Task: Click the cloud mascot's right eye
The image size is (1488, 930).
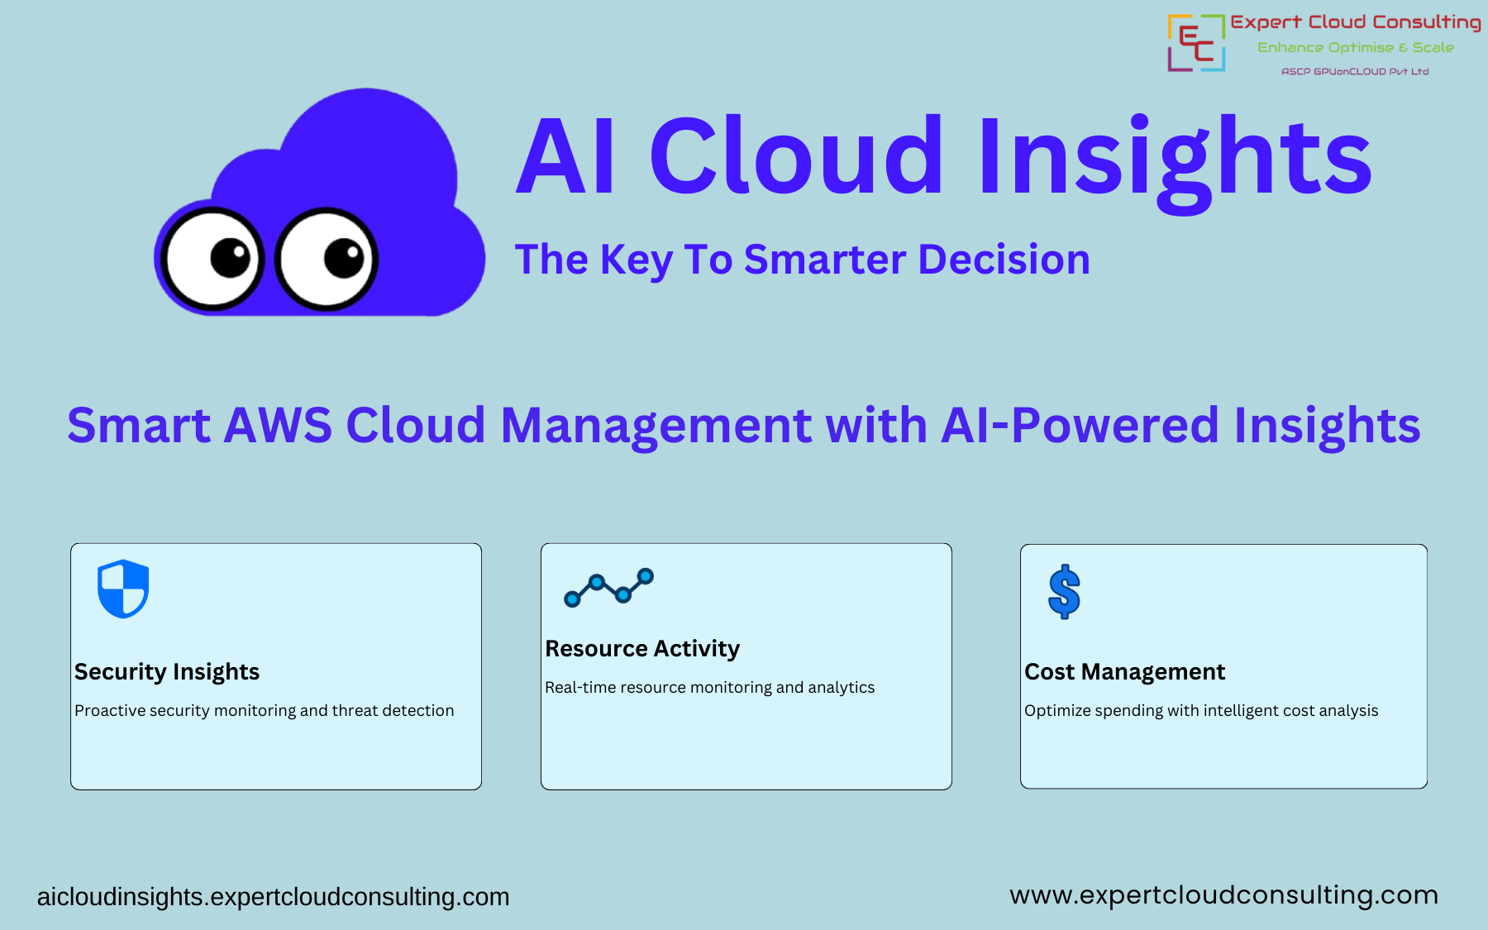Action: pyautogui.click(x=327, y=259)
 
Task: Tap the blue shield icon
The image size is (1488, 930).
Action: pyautogui.click(x=123, y=589)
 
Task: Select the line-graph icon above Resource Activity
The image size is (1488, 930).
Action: pyautogui.click(x=608, y=588)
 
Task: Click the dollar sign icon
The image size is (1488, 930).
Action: pyautogui.click(x=1064, y=592)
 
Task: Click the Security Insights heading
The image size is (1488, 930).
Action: pyautogui.click(x=167, y=671)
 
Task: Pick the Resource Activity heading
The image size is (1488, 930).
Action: pyautogui.click(x=642, y=648)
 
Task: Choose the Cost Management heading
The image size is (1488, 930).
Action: pyautogui.click(x=1124, y=671)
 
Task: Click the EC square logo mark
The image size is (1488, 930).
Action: pyautogui.click(x=1195, y=43)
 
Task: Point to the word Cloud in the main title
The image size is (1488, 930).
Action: pyautogui.click(x=795, y=157)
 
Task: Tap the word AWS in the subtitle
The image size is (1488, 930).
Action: pyautogui.click(x=278, y=425)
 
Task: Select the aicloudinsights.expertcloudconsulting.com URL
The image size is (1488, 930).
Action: pyautogui.click(x=273, y=897)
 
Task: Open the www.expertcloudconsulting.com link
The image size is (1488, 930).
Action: pyautogui.click(x=1223, y=895)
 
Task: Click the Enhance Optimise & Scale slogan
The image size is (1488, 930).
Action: pyautogui.click(x=1355, y=48)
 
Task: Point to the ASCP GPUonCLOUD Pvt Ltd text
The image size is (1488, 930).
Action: pyautogui.click(x=1354, y=72)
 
